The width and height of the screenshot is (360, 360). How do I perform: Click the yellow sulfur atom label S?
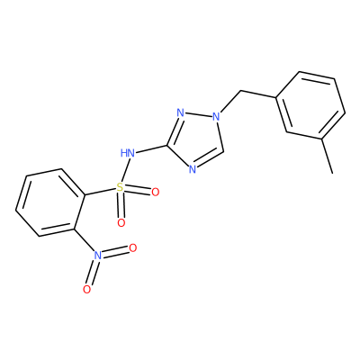[120, 188]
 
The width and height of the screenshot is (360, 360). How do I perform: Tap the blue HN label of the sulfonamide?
[127, 153]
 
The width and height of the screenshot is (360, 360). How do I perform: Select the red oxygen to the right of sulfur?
[155, 192]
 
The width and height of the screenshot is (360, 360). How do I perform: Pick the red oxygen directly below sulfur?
[121, 223]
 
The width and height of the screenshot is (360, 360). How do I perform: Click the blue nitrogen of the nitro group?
[97, 256]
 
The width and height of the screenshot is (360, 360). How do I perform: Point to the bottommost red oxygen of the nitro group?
[86, 290]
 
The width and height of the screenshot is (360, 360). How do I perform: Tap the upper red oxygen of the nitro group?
[132, 248]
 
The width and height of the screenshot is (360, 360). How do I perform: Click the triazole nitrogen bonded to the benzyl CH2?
[216, 116]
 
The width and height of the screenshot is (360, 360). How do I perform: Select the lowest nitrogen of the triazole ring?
[193, 170]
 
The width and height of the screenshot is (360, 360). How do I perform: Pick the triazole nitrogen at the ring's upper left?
[180, 113]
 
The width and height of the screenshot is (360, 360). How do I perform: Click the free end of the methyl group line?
[332, 174]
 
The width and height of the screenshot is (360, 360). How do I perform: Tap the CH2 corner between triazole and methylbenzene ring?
[240, 90]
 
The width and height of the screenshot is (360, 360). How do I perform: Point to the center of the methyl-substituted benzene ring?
[310, 105]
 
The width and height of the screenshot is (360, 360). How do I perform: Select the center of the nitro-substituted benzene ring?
[50, 202]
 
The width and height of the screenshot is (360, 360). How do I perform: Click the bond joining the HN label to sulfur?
[124, 171]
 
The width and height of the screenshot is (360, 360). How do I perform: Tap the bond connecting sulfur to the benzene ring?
[101, 193]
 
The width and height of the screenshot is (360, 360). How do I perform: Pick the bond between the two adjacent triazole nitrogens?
[198, 114]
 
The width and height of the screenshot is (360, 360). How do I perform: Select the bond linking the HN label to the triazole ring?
[151, 149]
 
